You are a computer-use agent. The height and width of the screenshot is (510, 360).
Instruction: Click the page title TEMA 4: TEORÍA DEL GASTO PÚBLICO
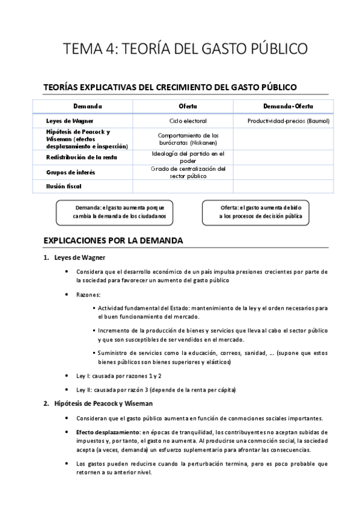pyautogui.click(x=180, y=48)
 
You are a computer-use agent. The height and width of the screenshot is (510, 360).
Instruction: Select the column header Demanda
pyautogui.click(x=88, y=106)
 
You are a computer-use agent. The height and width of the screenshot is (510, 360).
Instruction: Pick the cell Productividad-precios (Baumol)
pyautogui.click(x=288, y=121)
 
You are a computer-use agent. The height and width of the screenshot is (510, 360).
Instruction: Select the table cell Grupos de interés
pyautogui.click(x=70, y=173)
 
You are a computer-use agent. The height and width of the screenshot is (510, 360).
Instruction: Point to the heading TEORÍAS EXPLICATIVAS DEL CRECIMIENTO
pyautogui.click(x=170, y=87)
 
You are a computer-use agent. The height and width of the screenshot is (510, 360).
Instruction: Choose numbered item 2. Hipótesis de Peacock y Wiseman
pyautogui.click(x=103, y=403)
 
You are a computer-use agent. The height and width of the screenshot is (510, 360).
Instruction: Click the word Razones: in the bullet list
pyautogui.click(x=88, y=295)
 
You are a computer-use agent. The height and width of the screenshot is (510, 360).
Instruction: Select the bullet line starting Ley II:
pyautogui.click(x=156, y=390)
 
